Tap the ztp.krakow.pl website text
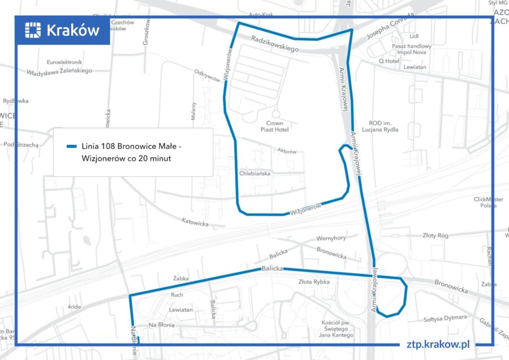coord(438,344)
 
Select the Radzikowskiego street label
coord(274,44)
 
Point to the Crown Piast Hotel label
coord(274,126)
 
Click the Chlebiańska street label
coord(255,174)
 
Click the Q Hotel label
coord(389,61)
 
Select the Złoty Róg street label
coord(435,236)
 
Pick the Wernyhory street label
coord(331,238)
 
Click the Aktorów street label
coord(287,151)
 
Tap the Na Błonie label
coord(161,325)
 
